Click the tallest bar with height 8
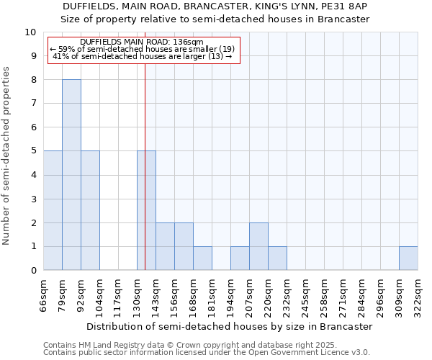coord(71,175)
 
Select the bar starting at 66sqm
coord(53,210)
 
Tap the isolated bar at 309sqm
coord(408,258)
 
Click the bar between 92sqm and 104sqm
coord(90,210)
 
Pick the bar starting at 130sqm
coord(146,210)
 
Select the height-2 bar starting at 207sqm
coord(258,246)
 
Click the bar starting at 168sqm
coord(202,258)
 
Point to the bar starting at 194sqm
coord(240,258)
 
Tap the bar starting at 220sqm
coord(277,258)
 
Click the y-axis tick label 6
coord(33,127)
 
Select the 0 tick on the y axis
coord(33,271)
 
